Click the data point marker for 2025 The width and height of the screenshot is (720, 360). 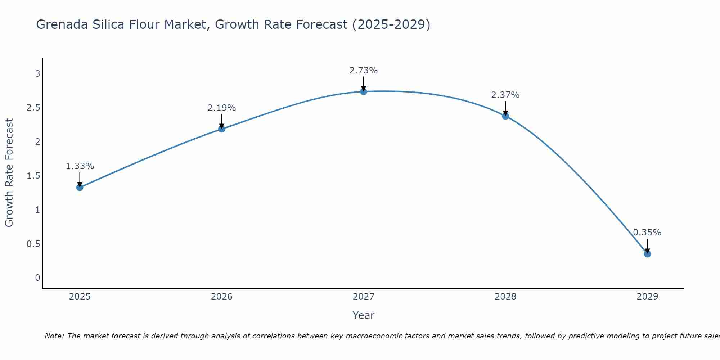pyautogui.click(x=80, y=187)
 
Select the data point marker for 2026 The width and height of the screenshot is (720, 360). pyautogui.click(x=222, y=129)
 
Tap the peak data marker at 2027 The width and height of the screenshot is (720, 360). pyautogui.click(x=364, y=91)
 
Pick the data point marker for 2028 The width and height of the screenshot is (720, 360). pyautogui.click(x=505, y=116)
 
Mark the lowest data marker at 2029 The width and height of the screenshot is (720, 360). pyautogui.click(x=647, y=254)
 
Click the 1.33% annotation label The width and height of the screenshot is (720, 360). pyautogui.click(x=80, y=166)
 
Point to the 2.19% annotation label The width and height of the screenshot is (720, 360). pyautogui.click(x=222, y=108)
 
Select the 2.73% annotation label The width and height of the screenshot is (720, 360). pyautogui.click(x=364, y=71)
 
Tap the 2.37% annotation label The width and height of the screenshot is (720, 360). pyautogui.click(x=505, y=95)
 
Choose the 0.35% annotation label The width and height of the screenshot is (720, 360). pyautogui.click(x=647, y=233)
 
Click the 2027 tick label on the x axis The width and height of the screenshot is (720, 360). pyautogui.click(x=364, y=297)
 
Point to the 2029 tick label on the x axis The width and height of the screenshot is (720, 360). pyautogui.click(x=647, y=297)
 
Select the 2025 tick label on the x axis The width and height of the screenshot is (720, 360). pyautogui.click(x=80, y=297)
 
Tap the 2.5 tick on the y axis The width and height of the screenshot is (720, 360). pyautogui.click(x=33, y=108)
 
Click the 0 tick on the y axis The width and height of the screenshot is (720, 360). pyautogui.click(x=37, y=278)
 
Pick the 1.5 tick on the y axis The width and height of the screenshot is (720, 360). pyautogui.click(x=33, y=176)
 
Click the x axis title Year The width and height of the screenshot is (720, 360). pyautogui.click(x=364, y=315)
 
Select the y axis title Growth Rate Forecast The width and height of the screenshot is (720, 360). pyautogui.click(x=9, y=173)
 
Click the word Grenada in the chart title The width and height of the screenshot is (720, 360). pyautogui.click(x=62, y=24)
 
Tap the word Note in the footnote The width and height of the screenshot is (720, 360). pyautogui.click(x=54, y=336)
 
